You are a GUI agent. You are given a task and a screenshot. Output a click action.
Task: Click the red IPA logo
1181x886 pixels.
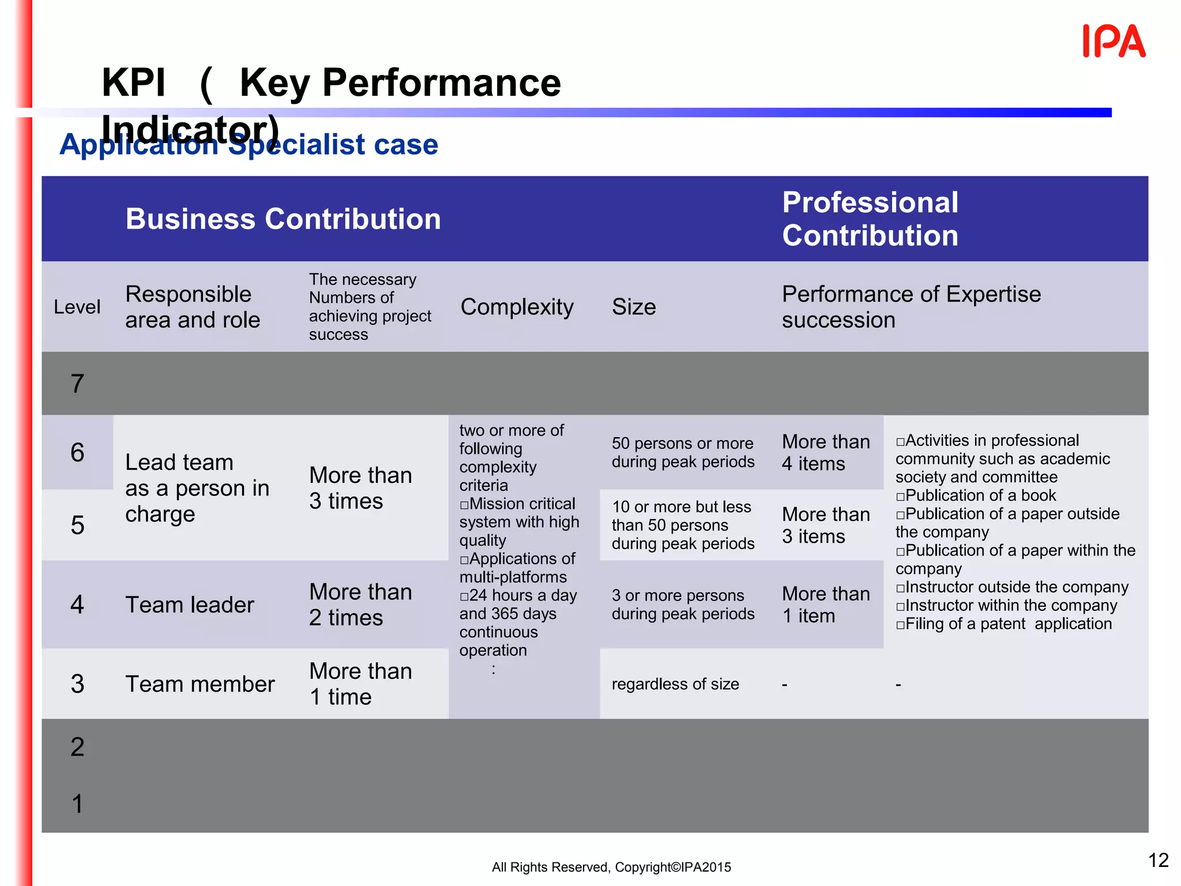(x=1114, y=41)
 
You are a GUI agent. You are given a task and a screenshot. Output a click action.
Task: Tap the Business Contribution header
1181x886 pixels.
(x=283, y=219)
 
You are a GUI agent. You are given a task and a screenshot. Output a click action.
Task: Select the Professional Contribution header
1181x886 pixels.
(x=870, y=219)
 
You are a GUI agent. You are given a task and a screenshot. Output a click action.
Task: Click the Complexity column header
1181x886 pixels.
(x=517, y=307)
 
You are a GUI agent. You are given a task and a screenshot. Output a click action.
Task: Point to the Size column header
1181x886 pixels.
(x=634, y=307)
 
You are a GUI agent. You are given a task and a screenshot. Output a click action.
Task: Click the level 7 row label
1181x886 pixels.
(x=77, y=384)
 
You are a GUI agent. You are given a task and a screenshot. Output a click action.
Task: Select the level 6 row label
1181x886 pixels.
(x=77, y=452)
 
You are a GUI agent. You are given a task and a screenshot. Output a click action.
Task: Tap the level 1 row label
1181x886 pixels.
(x=77, y=804)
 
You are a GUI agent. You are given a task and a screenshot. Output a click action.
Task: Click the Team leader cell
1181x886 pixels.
(x=190, y=605)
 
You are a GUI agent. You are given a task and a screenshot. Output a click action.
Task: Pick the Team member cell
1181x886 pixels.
(x=200, y=684)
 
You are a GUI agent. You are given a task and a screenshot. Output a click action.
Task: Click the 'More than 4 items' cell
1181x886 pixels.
(x=826, y=453)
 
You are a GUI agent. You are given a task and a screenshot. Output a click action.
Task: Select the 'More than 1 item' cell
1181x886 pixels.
(x=826, y=605)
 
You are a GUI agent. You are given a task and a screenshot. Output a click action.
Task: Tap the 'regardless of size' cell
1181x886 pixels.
(x=675, y=684)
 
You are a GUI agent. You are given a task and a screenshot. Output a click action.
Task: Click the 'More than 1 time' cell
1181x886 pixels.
(x=360, y=684)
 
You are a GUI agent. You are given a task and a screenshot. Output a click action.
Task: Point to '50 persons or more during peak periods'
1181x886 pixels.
(x=683, y=453)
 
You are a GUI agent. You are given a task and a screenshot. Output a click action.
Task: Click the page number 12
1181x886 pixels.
(x=1158, y=860)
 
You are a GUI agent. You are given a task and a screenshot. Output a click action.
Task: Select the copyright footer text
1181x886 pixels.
(x=611, y=867)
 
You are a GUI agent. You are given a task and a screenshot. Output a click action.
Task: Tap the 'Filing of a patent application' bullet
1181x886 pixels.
(x=1003, y=624)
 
